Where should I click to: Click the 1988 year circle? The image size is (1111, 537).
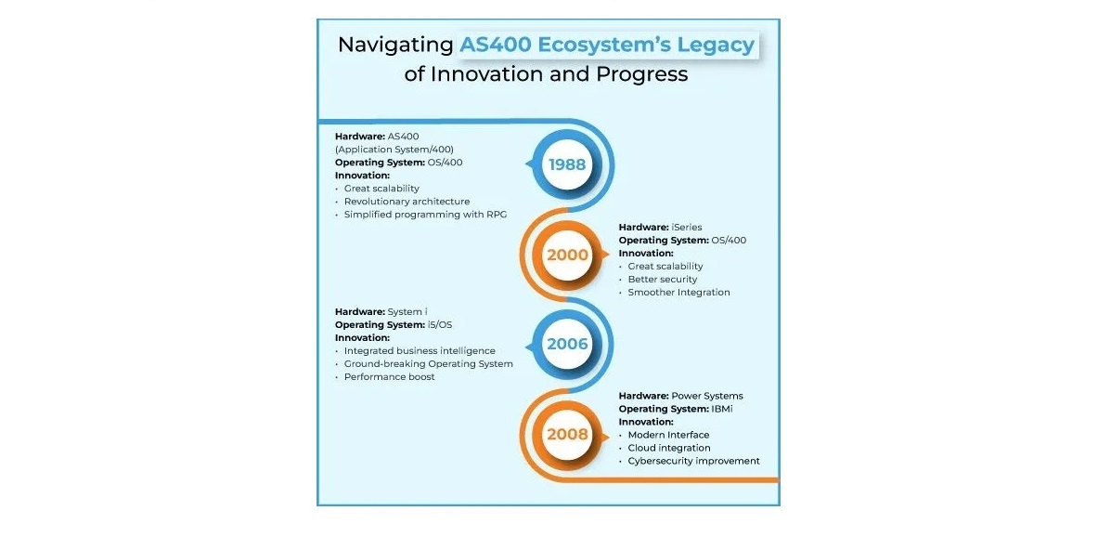[x=567, y=165]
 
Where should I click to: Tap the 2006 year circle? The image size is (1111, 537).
[x=567, y=345]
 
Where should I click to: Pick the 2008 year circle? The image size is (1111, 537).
[x=567, y=434]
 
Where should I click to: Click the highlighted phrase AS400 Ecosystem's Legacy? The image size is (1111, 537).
[x=607, y=45]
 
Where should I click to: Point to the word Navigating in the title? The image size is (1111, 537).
[x=395, y=46]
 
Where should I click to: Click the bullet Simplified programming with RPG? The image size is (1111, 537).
[x=426, y=215]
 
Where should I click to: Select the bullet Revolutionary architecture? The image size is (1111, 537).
[x=407, y=202]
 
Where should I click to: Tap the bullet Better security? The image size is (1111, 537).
[x=663, y=280]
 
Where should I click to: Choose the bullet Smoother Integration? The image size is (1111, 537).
[x=678, y=293]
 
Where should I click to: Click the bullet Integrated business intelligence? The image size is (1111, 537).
[x=420, y=351]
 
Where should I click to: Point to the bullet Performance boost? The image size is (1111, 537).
[x=390, y=376]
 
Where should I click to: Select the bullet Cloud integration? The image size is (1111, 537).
[x=669, y=448]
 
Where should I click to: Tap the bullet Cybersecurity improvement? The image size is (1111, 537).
[x=693, y=461]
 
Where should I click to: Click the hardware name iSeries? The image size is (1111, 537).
[x=687, y=227]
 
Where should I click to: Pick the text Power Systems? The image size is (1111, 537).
[x=707, y=396]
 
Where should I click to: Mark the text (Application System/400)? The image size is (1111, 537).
[x=394, y=150]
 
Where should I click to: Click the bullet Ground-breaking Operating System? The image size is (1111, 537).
[x=429, y=364]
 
